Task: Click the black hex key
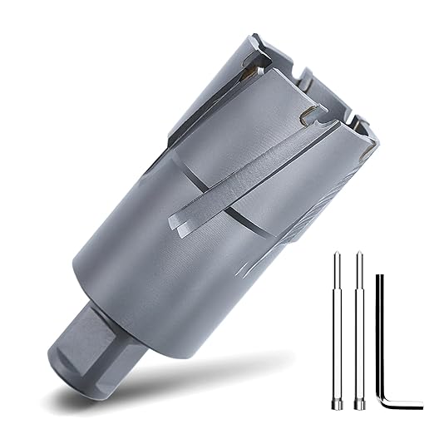[x=383, y=333]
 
